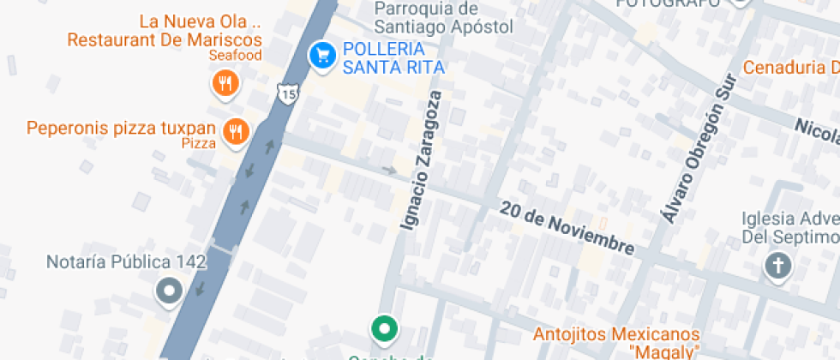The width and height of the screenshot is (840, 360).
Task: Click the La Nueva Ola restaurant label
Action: [165, 30]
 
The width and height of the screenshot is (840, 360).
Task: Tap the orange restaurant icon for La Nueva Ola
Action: [225, 83]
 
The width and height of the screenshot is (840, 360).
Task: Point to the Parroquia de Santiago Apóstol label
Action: [444, 17]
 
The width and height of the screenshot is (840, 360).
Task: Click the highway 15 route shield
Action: [288, 93]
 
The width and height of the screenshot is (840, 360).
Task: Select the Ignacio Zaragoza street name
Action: [423, 160]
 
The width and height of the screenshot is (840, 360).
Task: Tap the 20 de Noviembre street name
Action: [567, 227]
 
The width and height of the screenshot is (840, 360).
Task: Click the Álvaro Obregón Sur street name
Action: [699, 149]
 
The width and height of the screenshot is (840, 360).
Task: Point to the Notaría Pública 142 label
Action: [126, 262]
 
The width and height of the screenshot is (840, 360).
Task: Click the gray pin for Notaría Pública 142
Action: [169, 291]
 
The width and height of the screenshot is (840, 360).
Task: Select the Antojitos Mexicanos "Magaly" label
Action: [616, 341]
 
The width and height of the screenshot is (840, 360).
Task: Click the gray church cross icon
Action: [777, 267]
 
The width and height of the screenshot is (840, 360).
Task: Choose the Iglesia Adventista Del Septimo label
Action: [789, 227]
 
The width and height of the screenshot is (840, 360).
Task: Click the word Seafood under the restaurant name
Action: [235, 56]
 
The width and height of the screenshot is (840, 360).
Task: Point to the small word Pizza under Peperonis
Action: [199, 144]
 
